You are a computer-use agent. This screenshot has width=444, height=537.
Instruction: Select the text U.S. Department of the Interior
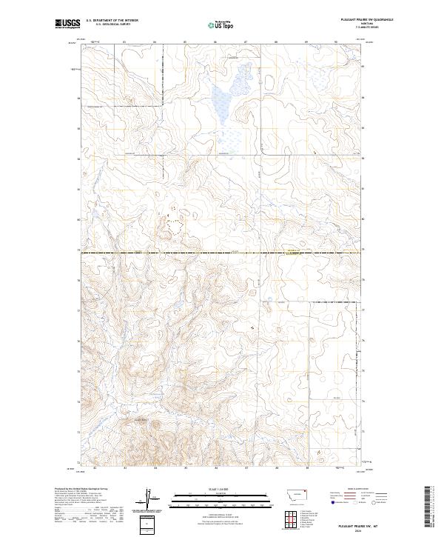[112, 21]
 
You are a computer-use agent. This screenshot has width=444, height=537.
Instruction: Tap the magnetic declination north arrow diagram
[148, 499]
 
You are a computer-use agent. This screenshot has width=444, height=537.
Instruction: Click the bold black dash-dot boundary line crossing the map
[222, 253]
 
